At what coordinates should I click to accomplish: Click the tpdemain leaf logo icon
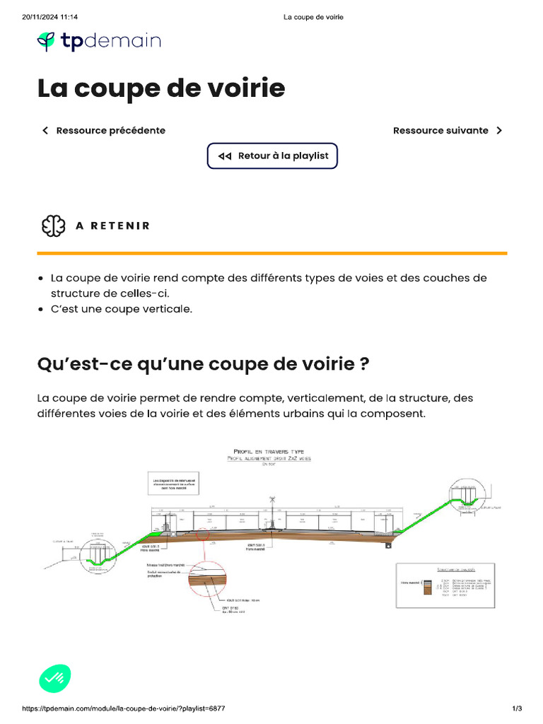coord(47,41)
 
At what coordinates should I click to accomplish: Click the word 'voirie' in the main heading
coord(250,88)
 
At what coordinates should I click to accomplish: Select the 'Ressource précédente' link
coord(110,130)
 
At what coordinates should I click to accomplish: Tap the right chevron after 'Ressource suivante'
coord(499,130)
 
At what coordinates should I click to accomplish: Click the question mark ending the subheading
coord(364,364)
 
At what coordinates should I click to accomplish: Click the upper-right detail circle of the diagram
coord(465,494)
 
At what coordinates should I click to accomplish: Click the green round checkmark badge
coord(54,679)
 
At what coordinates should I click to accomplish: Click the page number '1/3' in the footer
coord(517,708)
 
